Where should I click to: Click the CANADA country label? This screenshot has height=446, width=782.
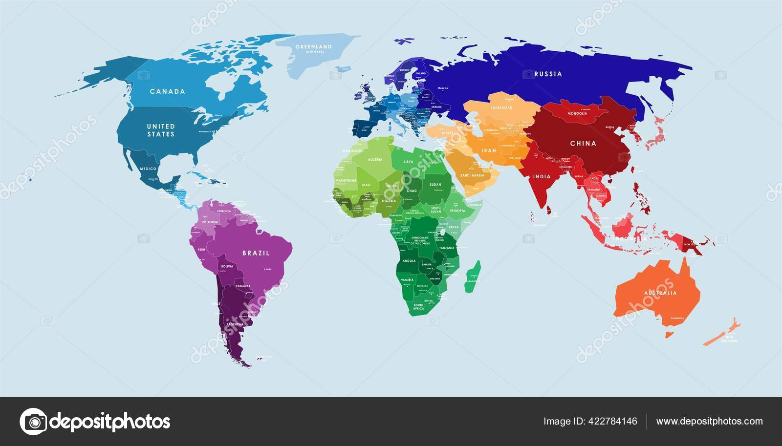pyautogui.click(x=167, y=91)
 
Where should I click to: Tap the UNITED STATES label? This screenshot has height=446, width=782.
pyautogui.click(x=161, y=130)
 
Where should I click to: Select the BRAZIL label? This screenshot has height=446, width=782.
pyautogui.click(x=256, y=253)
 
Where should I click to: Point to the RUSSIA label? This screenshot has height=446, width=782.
pyautogui.click(x=548, y=74)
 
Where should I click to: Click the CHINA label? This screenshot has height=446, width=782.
pyautogui.click(x=583, y=144)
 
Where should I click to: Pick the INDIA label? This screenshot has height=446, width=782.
pyautogui.click(x=542, y=177)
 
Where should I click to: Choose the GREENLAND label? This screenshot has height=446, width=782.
pyautogui.click(x=314, y=47)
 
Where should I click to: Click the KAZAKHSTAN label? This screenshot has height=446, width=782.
pyautogui.click(x=501, y=107)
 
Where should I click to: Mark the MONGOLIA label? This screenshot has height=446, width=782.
pyautogui.click(x=577, y=114)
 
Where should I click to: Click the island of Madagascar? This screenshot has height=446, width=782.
pyautogui.click(x=473, y=276)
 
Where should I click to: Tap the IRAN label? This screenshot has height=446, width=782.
pyautogui.click(x=489, y=150)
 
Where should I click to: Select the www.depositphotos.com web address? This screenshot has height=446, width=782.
pyautogui.click(x=709, y=421)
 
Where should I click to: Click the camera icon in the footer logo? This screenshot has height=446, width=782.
pyautogui.click(x=33, y=421)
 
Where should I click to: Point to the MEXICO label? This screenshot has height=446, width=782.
pyautogui.click(x=148, y=169)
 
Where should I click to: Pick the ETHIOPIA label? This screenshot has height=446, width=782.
pyautogui.click(x=457, y=211)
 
